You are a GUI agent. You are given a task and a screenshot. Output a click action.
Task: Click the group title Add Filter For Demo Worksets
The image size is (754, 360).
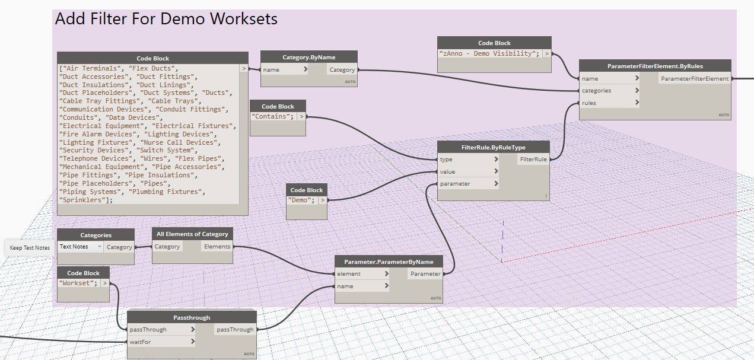166,19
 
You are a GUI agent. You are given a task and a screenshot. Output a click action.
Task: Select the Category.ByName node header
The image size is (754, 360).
308,57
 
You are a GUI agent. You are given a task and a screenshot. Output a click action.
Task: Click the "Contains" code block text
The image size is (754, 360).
273,116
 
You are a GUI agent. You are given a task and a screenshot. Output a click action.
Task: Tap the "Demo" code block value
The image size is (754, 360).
301,200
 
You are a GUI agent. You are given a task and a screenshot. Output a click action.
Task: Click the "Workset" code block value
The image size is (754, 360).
78,283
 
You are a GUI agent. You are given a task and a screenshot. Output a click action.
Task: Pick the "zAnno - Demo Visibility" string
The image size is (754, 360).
489,53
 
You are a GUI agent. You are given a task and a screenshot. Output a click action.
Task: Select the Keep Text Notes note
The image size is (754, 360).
30,248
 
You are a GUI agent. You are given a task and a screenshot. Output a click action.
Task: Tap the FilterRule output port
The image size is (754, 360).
533,160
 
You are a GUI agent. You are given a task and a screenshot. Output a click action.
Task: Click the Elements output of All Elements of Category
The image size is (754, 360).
217,247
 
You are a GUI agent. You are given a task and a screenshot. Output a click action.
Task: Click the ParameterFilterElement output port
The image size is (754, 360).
695,79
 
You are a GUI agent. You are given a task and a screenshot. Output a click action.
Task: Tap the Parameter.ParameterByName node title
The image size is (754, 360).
389,262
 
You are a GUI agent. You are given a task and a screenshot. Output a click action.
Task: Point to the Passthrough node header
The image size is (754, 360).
192,317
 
